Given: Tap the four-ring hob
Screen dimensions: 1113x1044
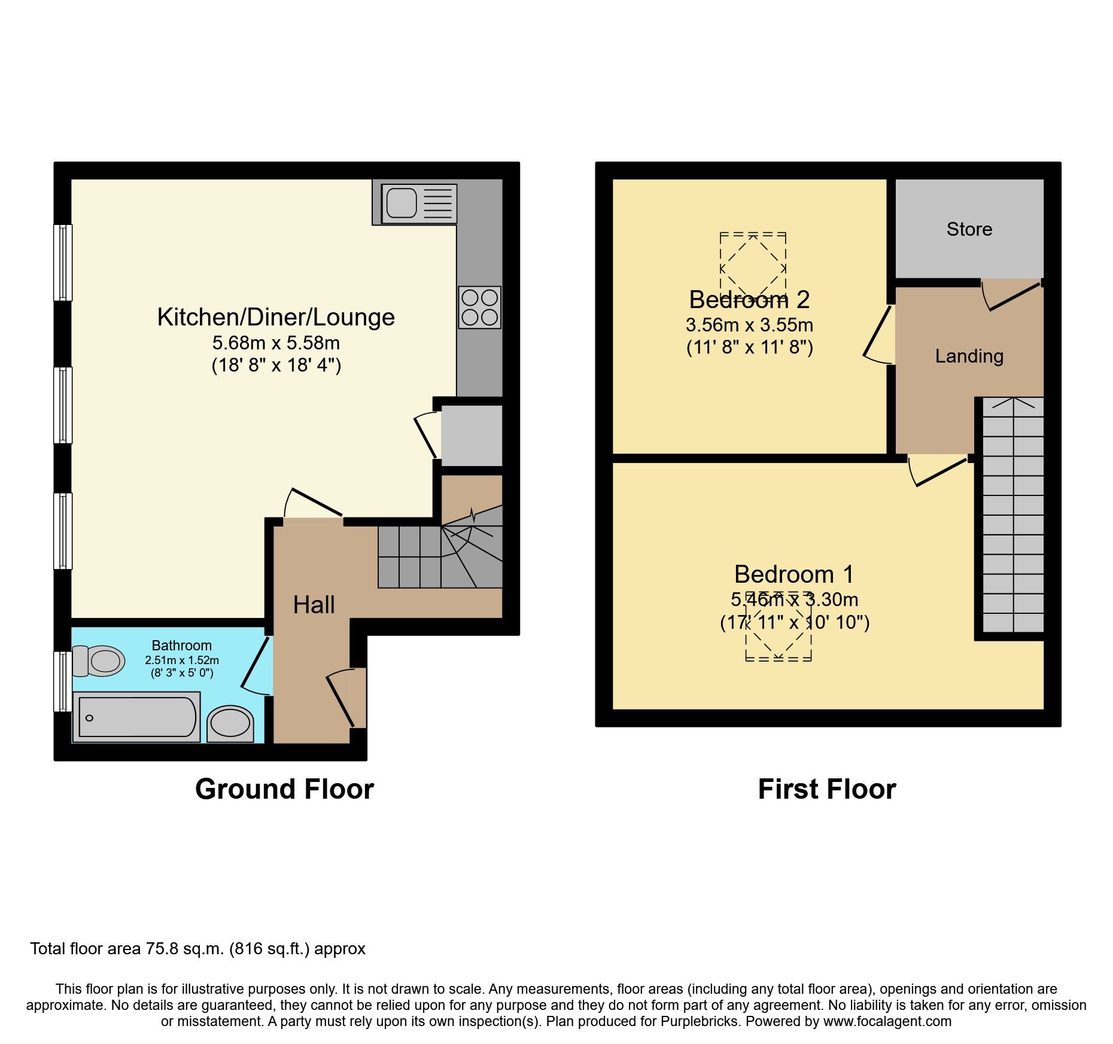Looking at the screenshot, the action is click(x=480, y=307).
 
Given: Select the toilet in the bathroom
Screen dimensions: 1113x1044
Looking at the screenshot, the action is click(x=99, y=661).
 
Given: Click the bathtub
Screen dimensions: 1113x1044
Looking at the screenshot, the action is click(x=136, y=717).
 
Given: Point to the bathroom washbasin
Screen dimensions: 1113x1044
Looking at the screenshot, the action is click(x=230, y=724).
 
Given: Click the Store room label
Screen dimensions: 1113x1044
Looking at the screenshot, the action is click(x=969, y=229).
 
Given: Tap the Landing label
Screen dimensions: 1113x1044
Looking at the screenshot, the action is click(x=969, y=356).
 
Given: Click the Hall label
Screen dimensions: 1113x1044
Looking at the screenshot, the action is click(x=314, y=605).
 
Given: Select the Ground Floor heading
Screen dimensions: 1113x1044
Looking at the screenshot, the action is click(x=285, y=789).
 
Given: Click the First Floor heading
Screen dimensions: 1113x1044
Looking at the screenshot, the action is click(x=827, y=789).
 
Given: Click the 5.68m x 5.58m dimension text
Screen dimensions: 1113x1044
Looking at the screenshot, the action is click(x=276, y=343).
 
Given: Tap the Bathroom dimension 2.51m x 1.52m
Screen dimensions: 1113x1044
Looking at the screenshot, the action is click(x=182, y=661).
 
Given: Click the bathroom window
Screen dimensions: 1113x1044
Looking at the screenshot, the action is click(x=63, y=681).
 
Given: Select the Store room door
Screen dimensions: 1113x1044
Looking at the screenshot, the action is click(x=1011, y=295).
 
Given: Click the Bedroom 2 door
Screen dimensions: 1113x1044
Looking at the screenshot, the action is click(x=878, y=334).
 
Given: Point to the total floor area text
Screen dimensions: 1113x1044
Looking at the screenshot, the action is click(x=197, y=949).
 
